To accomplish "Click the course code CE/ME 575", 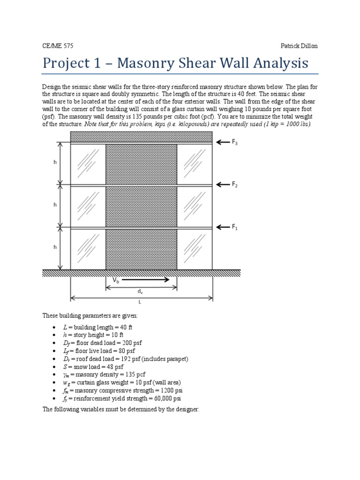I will point(58,46).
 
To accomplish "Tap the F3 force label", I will point(234,142).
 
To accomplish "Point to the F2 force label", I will point(234,185).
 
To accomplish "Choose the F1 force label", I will point(234,227).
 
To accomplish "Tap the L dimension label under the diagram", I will point(139,303).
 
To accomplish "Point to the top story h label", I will point(55,163).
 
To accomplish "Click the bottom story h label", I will point(55,247).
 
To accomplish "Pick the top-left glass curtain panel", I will point(88,164).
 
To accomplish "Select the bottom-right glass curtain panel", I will point(195,248).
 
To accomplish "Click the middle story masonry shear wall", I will point(141,206).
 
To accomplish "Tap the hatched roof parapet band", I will point(141,137).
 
